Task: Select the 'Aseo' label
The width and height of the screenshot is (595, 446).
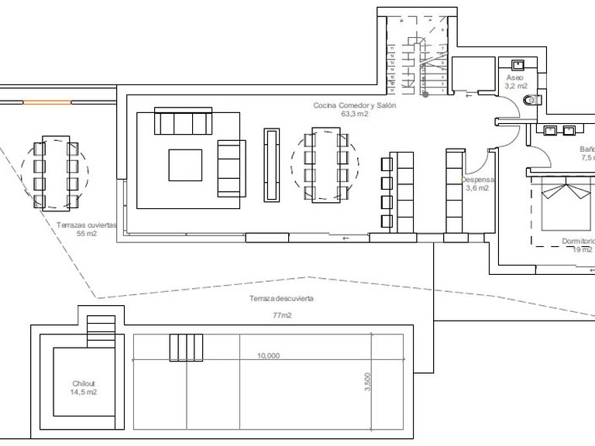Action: [x=514, y=78]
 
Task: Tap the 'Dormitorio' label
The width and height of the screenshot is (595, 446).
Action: [x=578, y=241]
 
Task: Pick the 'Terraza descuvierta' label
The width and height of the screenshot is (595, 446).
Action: [x=281, y=298]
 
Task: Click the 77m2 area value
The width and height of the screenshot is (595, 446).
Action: [x=281, y=315]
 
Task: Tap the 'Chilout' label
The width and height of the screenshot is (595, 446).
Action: [x=83, y=383]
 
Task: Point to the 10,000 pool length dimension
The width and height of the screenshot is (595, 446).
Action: [x=268, y=356]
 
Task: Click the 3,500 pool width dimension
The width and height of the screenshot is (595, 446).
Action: [x=367, y=383]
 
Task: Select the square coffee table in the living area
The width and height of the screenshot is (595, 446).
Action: [x=186, y=164]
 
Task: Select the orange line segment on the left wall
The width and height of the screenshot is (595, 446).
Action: [x=47, y=101]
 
